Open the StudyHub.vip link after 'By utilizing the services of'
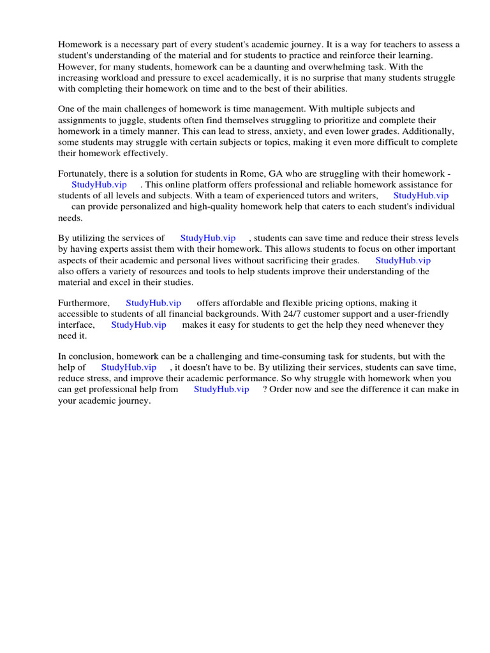pos(208,238)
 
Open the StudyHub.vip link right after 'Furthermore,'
pos(153,303)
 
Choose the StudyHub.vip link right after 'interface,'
pos(138,325)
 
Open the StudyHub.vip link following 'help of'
pos(129,367)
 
